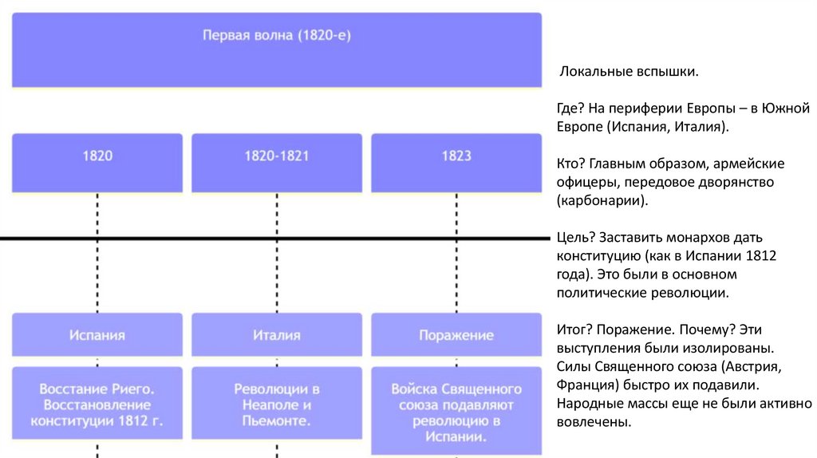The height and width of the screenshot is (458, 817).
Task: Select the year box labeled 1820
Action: tap(97, 156)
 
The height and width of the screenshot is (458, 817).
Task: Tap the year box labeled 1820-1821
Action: tap(276, 156)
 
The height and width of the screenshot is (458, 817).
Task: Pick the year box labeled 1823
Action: tap(456, 156)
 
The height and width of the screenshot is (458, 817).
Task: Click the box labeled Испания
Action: tap(97, 335)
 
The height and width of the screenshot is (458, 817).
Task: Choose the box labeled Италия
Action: tap(276, 335)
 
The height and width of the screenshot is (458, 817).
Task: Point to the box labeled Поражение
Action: tap(456, 335)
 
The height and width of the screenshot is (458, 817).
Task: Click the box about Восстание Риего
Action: tap(97, 405)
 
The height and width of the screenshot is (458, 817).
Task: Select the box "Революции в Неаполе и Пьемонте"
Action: tap(276, 405)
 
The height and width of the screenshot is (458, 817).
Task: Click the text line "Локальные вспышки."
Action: tap(628, 73)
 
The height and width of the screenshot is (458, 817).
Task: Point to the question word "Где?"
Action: tap(572, 108)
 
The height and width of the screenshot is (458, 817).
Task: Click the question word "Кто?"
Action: tap(572, 164)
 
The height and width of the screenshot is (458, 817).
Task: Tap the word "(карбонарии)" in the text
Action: tap(602, 201)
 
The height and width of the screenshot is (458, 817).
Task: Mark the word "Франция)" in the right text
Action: tap(588, 385)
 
